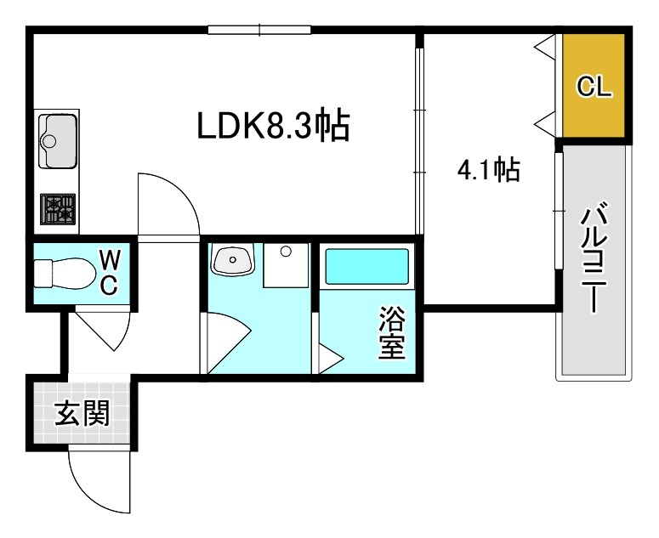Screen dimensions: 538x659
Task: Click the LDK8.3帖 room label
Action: pyautogui.click(x=274, y=127)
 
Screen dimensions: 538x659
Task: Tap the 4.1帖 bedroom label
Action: pyautogui.click(x=489, y=172)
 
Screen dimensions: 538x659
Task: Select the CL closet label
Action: pyautogui.click(x=594, y=86)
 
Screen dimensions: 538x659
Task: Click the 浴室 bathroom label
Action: pyautogui.click(x=392, y=334)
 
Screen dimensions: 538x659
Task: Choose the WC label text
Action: pyautogui.click(x=109, y=272)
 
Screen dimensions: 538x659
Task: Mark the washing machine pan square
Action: pyautogui.click(x=286, y=265)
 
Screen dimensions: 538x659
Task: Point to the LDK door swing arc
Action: pyautogui.click(x=170, y=204)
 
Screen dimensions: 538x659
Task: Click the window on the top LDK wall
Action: pyautogui.click(x=260, y=31)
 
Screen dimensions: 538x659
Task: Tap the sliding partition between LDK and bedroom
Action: pyautogui.click(x=418, y=140)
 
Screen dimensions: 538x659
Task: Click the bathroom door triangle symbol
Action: pyautogui.click(x=328, y=357)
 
